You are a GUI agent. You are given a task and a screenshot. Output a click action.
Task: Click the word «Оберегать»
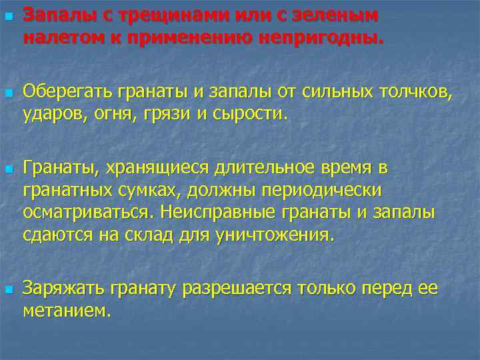click(67, 90)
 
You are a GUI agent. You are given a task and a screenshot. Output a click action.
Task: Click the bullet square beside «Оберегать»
click(8, 91)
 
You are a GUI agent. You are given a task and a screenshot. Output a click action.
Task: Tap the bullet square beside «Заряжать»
click(8, 288)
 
